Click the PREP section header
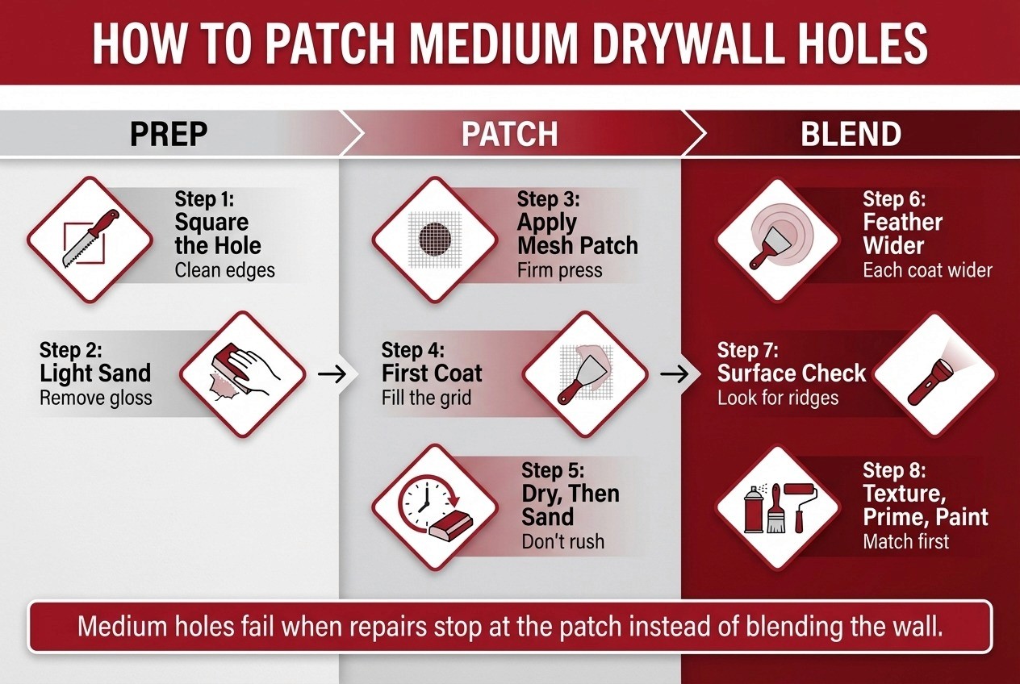point(169,134)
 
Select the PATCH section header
point(509,134)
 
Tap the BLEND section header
point(851,134)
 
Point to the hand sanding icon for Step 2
point(242,374)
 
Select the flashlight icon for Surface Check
point(935,374)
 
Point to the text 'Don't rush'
point(562,540)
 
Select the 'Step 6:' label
point(895,198)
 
